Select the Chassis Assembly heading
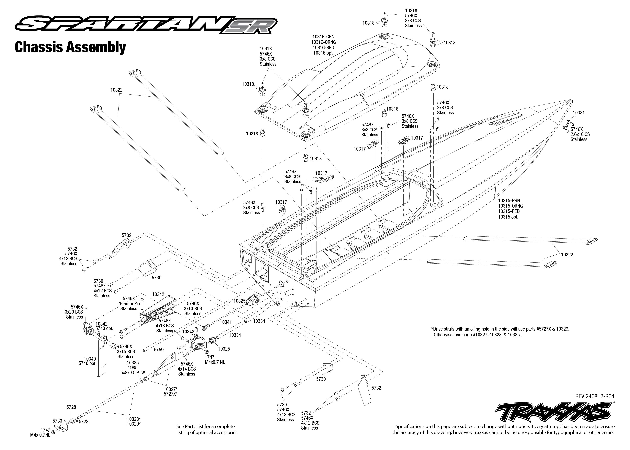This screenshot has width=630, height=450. click(70, 47)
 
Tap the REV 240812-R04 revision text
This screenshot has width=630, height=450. click(595, 397)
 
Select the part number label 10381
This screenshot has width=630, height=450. click(579, 113)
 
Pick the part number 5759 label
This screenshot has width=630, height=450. click(159, 350)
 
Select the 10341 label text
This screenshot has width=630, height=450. click(226, 322)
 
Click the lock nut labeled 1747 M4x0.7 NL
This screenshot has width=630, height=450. click(206, 352)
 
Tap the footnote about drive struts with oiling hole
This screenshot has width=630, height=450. click(500, 332)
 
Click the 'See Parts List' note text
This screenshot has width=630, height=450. click(207, 429)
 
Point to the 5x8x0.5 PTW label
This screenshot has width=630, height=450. click(132, 372)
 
